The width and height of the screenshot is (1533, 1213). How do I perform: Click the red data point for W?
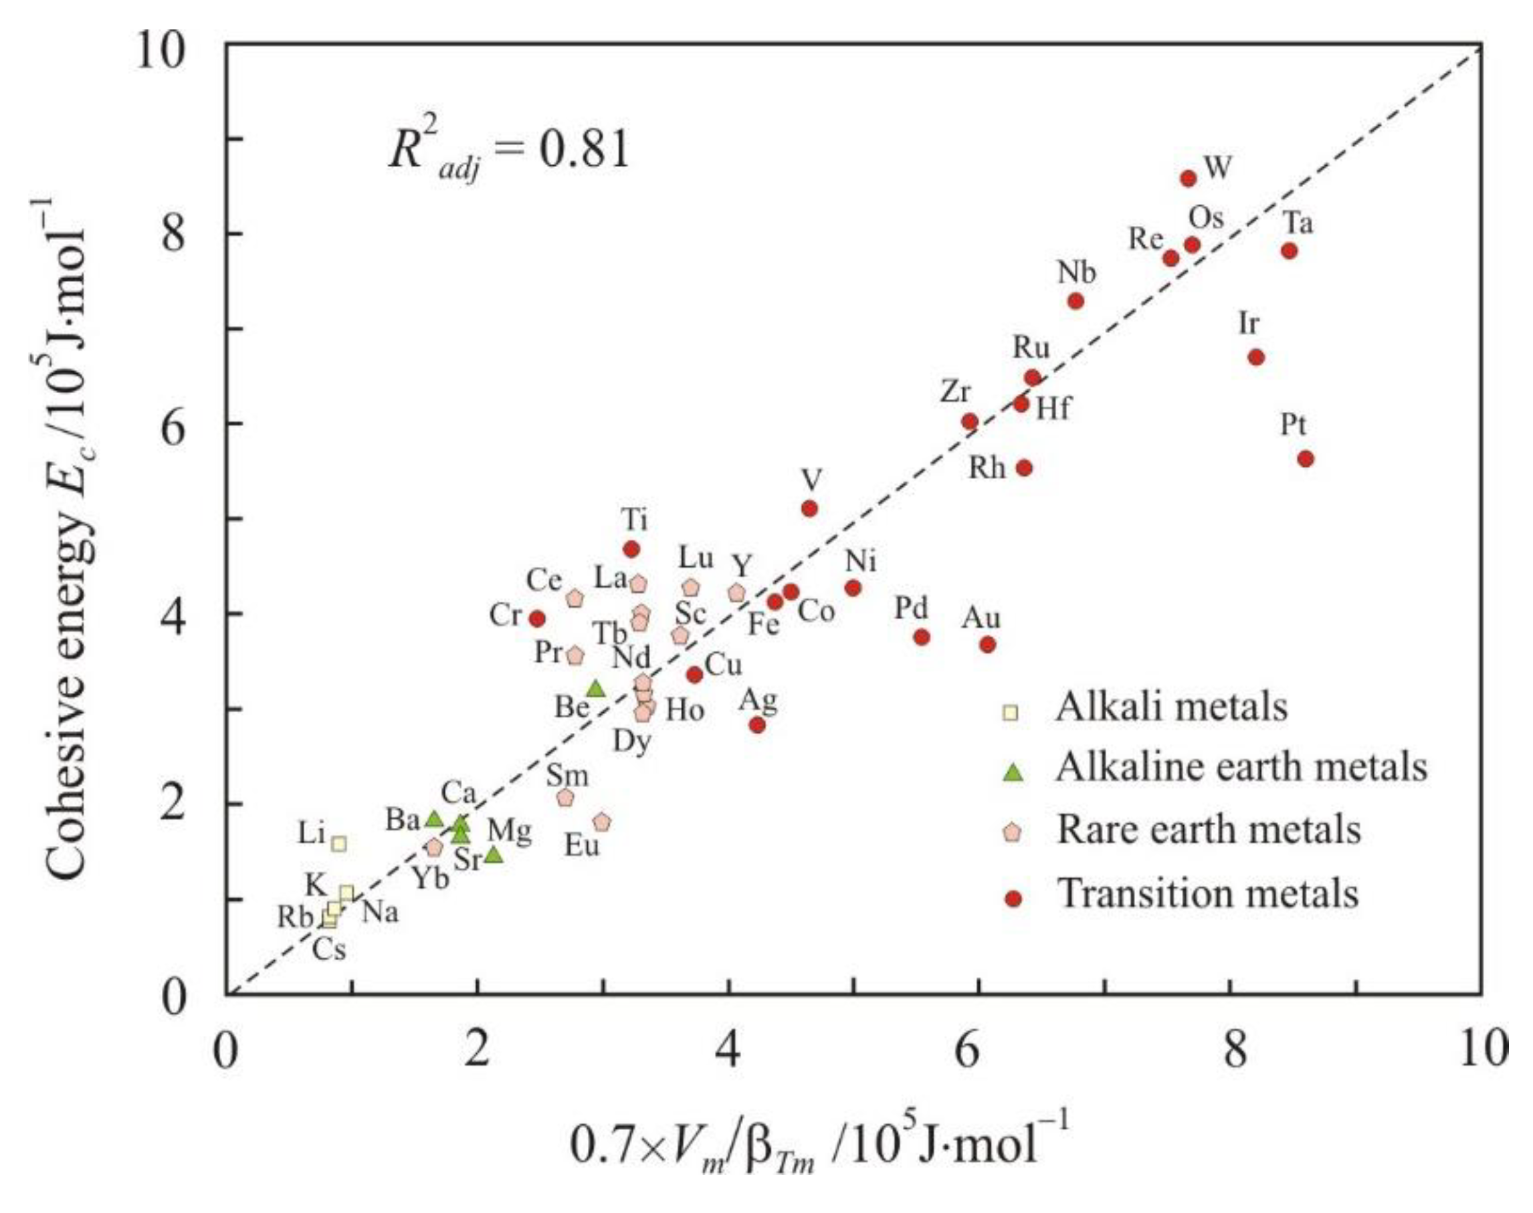1189,179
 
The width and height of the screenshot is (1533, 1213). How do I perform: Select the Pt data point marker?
1306,459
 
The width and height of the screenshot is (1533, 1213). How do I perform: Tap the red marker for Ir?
1256,356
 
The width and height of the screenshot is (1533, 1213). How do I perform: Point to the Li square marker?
339,843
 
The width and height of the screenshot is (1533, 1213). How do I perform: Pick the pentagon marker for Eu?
603,822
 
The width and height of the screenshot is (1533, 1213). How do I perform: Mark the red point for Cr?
538,619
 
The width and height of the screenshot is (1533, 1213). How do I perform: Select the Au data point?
987,644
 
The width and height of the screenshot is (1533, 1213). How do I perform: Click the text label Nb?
1076,273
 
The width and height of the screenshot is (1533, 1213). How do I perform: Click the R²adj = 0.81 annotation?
508,151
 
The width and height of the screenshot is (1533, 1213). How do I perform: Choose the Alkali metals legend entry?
1170,707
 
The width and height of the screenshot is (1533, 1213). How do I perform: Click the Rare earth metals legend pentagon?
1015,832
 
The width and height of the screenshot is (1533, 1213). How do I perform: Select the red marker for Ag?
757,725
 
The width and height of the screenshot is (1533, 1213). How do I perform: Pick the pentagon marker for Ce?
575,598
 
